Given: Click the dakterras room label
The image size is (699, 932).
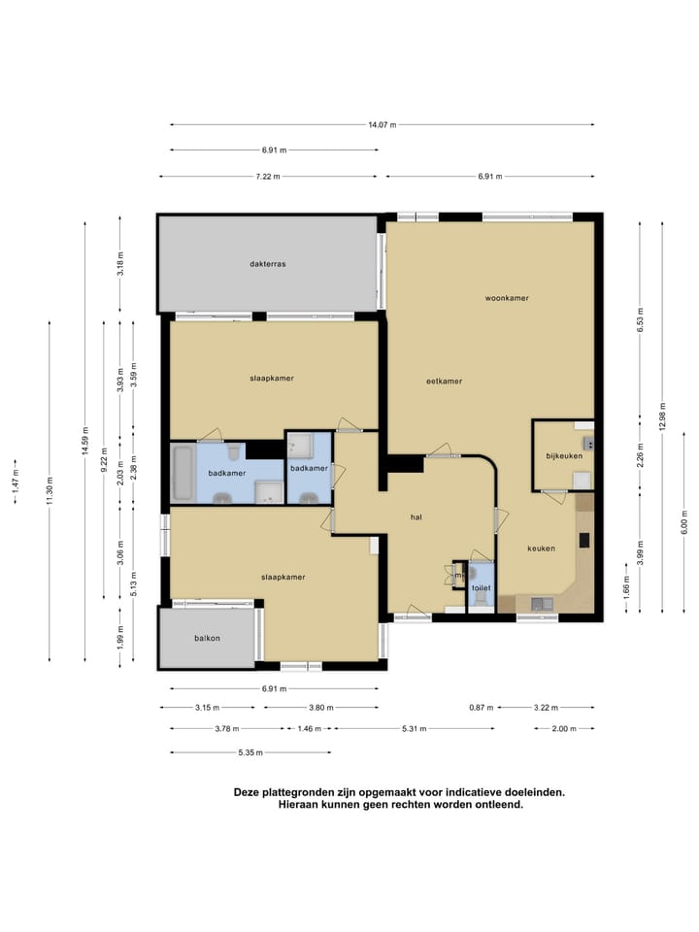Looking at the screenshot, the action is pos(268,264).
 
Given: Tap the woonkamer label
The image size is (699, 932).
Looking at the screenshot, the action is pos(507,298).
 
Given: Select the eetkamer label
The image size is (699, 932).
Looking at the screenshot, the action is pos(444,382).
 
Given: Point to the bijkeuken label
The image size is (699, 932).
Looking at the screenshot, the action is pos(564,456).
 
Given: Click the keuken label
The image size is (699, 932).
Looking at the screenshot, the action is pos(541,549).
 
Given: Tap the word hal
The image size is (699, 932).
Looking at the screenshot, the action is pos(416,517).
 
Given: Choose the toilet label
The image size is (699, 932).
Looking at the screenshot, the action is pos(482,588).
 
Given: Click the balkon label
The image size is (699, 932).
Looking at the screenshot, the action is pos(207,639).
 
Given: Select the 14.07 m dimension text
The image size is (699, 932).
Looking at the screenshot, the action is pos(383,125).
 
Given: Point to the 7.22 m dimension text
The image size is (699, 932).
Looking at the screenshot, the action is pos(268,177).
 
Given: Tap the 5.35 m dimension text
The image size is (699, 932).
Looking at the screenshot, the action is pos(250,752).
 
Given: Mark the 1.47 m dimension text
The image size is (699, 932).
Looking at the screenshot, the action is pos(16,481).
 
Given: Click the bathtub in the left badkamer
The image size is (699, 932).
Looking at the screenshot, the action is pos(183,474).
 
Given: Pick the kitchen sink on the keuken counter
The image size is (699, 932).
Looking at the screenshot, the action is pos(542,605).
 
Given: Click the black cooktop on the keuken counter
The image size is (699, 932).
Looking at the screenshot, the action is pos(584,540).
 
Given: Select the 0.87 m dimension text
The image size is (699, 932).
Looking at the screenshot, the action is pos(482,708).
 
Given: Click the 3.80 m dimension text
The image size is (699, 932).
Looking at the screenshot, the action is pos(321,708).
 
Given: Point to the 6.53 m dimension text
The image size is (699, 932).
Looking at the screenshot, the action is pos(640,319).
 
